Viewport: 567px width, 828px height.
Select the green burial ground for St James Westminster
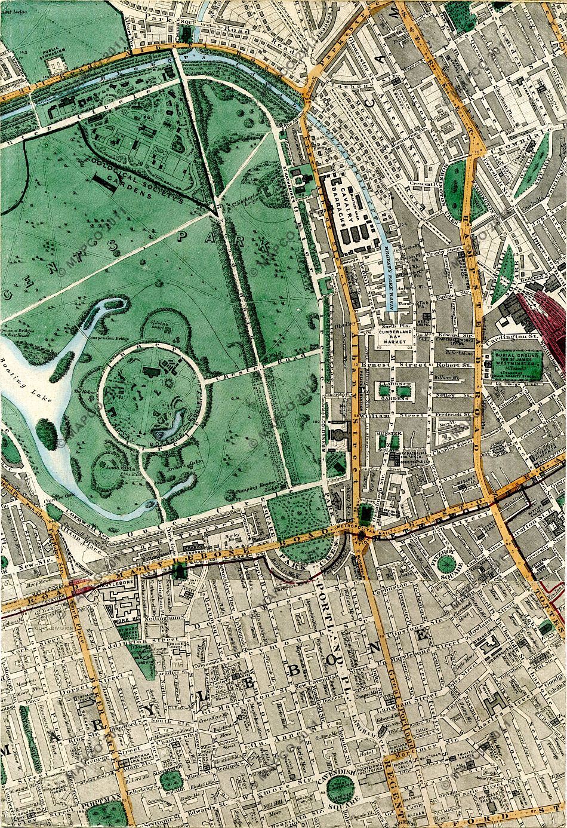[516, 364]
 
